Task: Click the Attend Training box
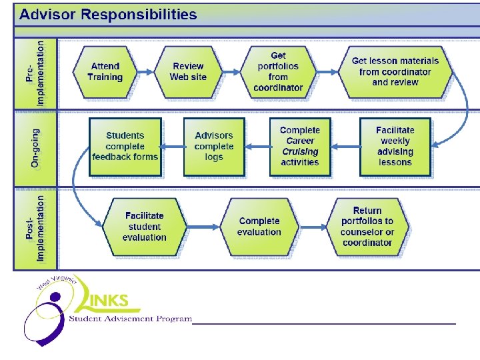105,71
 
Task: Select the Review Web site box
189,71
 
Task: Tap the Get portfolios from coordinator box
278,71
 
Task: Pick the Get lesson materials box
395,71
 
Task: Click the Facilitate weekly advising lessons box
395,147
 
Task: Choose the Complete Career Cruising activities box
300,147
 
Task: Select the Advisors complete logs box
214,147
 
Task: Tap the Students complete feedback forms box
125,147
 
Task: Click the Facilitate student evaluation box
144,227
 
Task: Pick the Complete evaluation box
259,227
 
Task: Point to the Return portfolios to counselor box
367,227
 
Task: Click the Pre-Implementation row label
36,72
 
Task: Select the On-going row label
36,148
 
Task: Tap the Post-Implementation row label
36,227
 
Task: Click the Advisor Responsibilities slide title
108,15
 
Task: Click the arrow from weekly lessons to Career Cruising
345,146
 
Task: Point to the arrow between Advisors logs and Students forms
173,146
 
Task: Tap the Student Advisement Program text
131,319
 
